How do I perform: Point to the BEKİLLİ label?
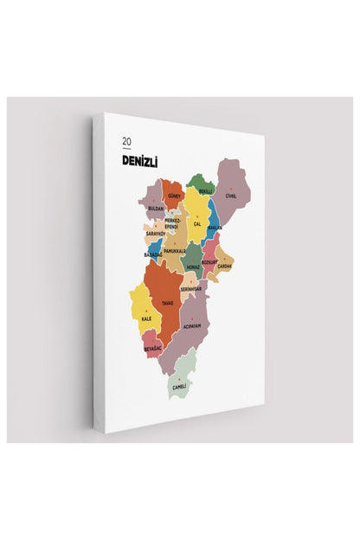(x=205, y=191)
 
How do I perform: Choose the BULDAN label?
(x=156, y=209)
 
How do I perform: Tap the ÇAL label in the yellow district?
(x=197, y=224)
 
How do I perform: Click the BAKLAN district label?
(x=215, y=228)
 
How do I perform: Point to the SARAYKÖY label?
(x=155, y=235)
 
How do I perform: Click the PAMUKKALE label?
(x=175, y=250)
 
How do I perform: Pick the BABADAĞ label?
(x=152, y=255)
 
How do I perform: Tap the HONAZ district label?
(x=192, y=267)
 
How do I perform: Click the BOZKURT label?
(x=209, y=261)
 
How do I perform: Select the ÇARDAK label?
(x=224, y=267)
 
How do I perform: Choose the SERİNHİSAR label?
(x=190, y=289)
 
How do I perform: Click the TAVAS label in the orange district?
(x=167, y=304)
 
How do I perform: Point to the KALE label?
(x=145, y=319)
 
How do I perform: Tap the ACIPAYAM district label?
(x=192, y=326)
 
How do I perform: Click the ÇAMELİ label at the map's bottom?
(x=180, y=386)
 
